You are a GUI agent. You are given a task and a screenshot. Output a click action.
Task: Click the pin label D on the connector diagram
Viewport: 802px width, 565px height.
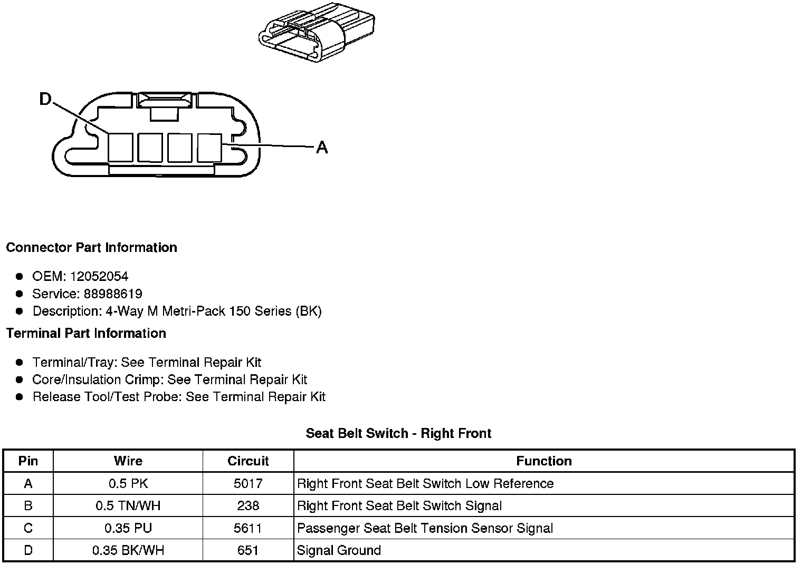[46, 99]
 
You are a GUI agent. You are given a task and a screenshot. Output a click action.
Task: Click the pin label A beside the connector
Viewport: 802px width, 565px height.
[321, 148]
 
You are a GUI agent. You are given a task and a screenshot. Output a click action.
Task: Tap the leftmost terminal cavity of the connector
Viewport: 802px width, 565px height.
[120, 147]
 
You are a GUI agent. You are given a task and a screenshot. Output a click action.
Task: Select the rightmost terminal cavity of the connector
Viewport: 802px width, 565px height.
[209, 147]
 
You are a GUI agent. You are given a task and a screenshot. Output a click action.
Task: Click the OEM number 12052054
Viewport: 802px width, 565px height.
[99, 277]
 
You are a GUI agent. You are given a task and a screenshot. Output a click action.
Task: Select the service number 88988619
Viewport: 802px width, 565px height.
[113, 294]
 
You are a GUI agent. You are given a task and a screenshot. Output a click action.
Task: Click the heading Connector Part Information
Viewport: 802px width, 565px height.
[91, 248]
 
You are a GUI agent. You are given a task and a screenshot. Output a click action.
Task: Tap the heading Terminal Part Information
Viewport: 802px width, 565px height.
[86, 334]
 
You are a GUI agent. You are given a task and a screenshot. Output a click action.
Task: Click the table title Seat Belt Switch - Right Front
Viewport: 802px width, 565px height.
[398, 434]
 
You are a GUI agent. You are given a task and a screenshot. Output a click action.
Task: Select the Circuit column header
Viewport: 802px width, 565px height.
[248, 461]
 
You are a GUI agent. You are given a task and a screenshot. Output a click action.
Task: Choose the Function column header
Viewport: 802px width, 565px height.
[543, 461]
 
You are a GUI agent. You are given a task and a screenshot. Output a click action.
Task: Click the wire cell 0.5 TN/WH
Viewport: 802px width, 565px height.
[128, 506]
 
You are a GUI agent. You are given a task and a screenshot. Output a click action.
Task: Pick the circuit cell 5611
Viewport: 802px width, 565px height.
[248, 528]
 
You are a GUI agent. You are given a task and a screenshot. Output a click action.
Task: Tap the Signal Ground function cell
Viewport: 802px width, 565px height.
[339, 551]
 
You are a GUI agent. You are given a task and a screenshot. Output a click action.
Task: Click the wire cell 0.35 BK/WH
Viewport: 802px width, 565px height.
[128, 551]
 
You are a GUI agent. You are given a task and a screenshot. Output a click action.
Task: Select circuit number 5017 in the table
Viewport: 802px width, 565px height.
[248, 484]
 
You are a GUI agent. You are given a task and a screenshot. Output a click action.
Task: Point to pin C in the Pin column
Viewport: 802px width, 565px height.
[28, 528]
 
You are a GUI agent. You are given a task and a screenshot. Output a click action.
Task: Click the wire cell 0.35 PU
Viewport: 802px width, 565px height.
[128, 528]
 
